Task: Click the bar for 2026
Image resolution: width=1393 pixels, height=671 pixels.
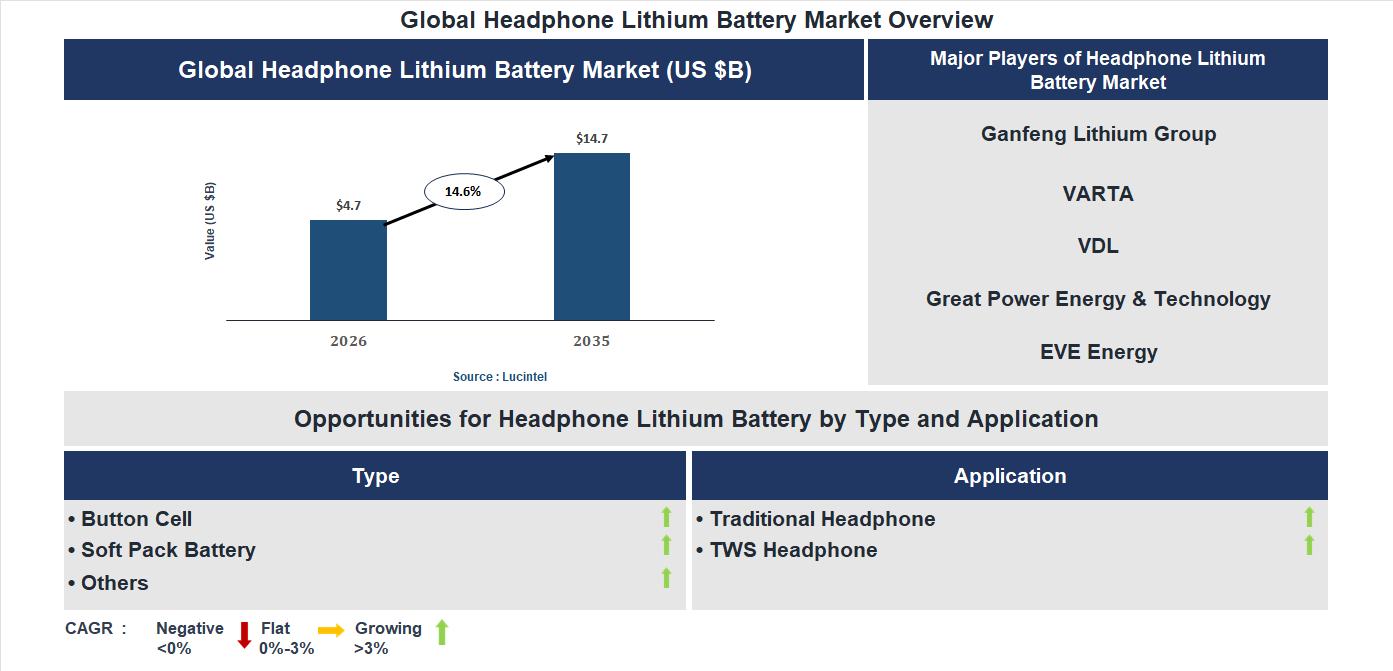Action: pyautogui.click(x=348, y=270)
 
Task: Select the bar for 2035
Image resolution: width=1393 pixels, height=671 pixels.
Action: pyautogui.click(x=592, y=237)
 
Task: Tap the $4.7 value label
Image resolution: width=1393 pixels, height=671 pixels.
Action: pyautogui.click(x=348, y=206)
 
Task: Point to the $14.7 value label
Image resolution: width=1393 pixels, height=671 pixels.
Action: pyautogui.click(x=592, y=139)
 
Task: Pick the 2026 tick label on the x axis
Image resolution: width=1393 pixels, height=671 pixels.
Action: pyautogui.click(x=348, y=341)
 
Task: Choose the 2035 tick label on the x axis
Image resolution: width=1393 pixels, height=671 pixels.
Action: pyautogui.click(x=592, y=341)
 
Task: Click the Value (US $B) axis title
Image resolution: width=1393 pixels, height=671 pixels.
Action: pyautogui.click(x=210, y=221)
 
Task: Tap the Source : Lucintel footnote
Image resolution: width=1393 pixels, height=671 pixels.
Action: pyautogui.click(x=500, y=377)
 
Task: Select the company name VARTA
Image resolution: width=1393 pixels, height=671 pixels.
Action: pyautogui.click(x=1098, y=194)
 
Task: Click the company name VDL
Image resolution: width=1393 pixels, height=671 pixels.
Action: pyautogui.click(x=1098, y=246)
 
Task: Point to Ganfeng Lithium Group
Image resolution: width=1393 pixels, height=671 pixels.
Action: pyautogui.click(x=1098, y=134)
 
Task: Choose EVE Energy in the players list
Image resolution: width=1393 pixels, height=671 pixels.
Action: pyautogui.click(x=1098, y=352)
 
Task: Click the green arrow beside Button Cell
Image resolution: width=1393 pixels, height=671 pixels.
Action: pyautogui.click(x=666, y=517)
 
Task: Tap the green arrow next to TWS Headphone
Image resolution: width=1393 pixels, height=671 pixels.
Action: pyautogui.click(x=1309, y=546)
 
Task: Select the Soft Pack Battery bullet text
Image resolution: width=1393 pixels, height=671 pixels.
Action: pyautogui.click(x=168, y=550)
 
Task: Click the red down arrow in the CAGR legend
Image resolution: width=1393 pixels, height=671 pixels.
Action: pyautogui.click(x=244, y=635)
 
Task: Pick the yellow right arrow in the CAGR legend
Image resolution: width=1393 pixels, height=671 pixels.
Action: pyautogui.click(x=331, y=630)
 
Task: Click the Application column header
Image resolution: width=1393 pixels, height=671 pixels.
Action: pyautogui.click(x=1010, y=476)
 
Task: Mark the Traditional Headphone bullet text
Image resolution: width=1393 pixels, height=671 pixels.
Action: pyautogui.click(x=822, y=519)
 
